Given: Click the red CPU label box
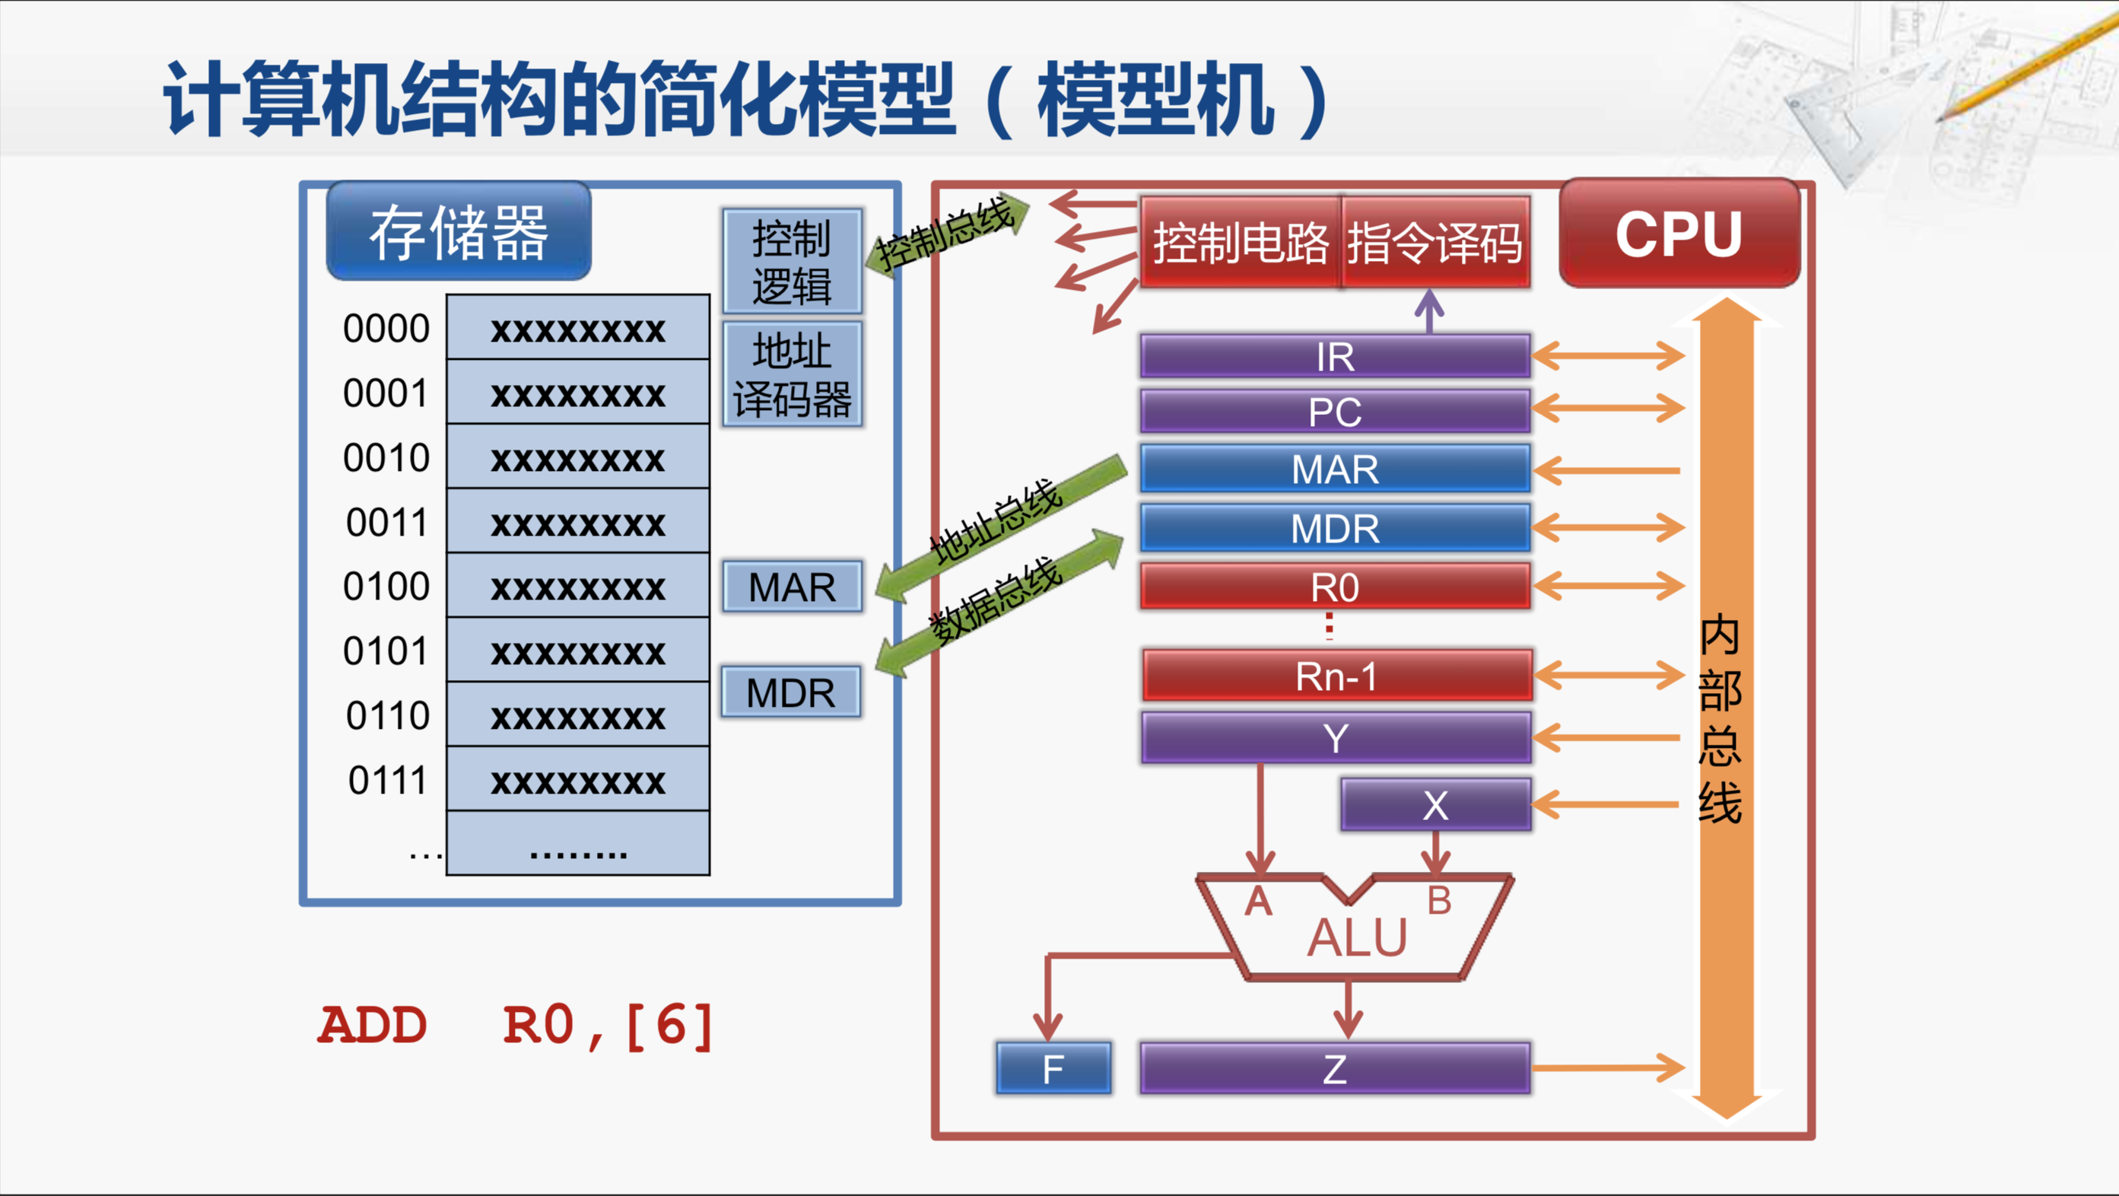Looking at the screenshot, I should pyautogui.click(x=1679, y=234).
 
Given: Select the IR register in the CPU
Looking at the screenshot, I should pyautogui.click(x=1334, y=356).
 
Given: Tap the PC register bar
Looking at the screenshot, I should pyautogui.click(x=1334, y=410).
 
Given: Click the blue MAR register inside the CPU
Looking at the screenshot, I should pyautogui.click(x=1334, y=469).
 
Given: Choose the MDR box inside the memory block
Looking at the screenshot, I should pyautogui.click(x=790, y=692).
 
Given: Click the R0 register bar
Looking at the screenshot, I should pyautogui.click(x=1334, y=587).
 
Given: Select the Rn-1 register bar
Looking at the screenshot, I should pyautogui.click(x=1336, y=676).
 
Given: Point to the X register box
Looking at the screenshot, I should pyautogui.click(x=1435, y=804).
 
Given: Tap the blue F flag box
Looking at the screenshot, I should pyautogui.click(x=1053, y=1068).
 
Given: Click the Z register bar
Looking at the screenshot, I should pyautogui.click(x=1334, y=1068).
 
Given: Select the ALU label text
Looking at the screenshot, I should pyautogui.click(x=1358, y=938).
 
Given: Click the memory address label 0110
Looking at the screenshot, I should pyautogui.click(x=387, y=716).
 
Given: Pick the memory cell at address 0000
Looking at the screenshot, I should pyautogui.click(x=577, y=328).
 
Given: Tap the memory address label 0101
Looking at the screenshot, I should pyautogui.click(x=386, y=650).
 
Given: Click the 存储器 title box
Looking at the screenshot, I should pyautogui.click(x=458, y=232).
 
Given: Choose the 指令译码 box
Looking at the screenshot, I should pyautogui.click(x=1434, y=242).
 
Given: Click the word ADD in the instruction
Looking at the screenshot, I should pyautogui.click(x=373, y=1026).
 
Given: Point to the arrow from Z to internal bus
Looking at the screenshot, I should pyautogui.click(x=1608, y=1067).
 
